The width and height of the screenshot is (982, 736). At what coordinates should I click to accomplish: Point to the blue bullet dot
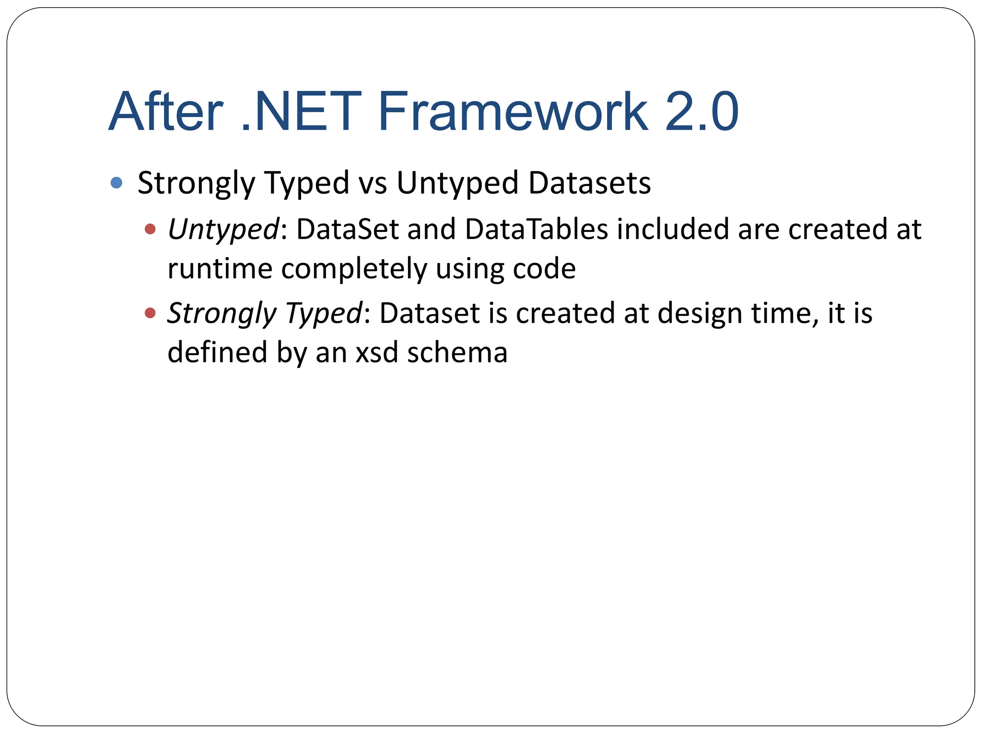pyautogui.click(x=117, y=183)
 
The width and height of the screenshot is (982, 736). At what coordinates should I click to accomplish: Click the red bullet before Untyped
pyautogui.click(x=150, y=229)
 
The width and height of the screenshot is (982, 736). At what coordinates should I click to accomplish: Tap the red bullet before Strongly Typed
pyautogui.click(x=150, y=313)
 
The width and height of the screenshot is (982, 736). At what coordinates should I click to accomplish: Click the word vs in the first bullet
pyautogui.click(x=373, y=184)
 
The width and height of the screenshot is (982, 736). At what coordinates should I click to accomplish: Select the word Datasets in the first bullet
pyautogui.click(x=590, y=184)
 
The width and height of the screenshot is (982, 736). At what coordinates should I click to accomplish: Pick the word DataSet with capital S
pyautogui.click(x=348, y=229)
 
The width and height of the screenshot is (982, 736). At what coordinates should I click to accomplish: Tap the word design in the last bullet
pyautogui.click(x=700, y=314)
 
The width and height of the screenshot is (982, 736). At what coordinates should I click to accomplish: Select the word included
pyautogui.click(x=673, y=229)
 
